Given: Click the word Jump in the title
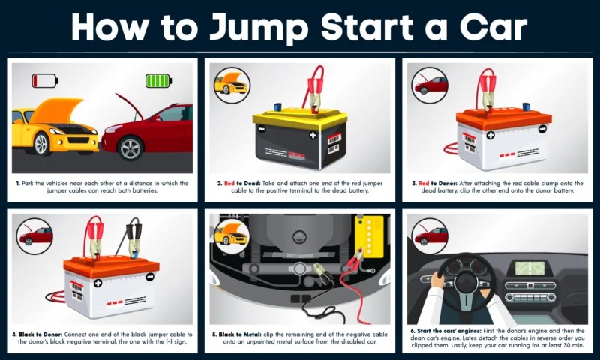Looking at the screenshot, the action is (259, 27).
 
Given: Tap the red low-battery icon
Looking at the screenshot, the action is (45, 81).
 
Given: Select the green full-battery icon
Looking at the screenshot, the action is (158, 81).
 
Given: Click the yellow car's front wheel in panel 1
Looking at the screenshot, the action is (41, 143).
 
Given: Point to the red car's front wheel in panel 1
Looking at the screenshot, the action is (130, 148).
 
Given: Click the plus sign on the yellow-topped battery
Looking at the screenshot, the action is (313, 135).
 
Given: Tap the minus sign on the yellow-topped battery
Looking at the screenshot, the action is (261, 129).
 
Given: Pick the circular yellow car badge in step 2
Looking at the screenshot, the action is (232, 85).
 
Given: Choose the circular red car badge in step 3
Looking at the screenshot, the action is (430, 85).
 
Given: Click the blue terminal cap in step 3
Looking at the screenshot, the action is (526, 106).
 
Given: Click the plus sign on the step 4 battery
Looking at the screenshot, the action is (98, 283).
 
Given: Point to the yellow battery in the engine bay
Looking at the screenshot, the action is (369, 236).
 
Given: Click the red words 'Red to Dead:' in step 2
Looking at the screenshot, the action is (241, 183).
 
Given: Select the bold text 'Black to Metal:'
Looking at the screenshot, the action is (240, 334).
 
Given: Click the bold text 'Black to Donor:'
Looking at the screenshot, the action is (40, 334).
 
